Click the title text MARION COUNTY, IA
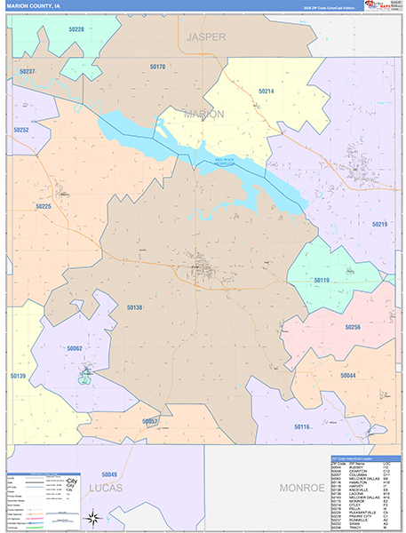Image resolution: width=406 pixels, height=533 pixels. click(34, 5)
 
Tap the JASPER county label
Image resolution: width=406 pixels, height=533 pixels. click(206, 36)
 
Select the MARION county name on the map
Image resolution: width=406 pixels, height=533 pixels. click(204, 114)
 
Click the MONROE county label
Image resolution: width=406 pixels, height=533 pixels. click(302, 489)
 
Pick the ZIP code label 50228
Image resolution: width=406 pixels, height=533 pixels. click(75, 29)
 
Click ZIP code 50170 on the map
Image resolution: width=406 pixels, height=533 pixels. click(157, 67)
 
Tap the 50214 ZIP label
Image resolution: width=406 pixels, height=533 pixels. click(266, 91)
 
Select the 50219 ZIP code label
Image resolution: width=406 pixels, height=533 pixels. click(379, 224)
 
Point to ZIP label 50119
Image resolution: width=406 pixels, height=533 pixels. click(321, 280)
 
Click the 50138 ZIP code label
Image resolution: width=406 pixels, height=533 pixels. click(134, 307)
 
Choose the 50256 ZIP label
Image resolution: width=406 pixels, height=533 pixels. click(352, 327)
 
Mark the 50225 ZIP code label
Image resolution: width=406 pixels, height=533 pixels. click(44, 206)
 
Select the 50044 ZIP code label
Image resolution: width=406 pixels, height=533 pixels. click(347, 376)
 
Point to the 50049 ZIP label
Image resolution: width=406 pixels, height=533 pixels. click(109, 473)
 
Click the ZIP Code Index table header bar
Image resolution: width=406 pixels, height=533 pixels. click(364, 458)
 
